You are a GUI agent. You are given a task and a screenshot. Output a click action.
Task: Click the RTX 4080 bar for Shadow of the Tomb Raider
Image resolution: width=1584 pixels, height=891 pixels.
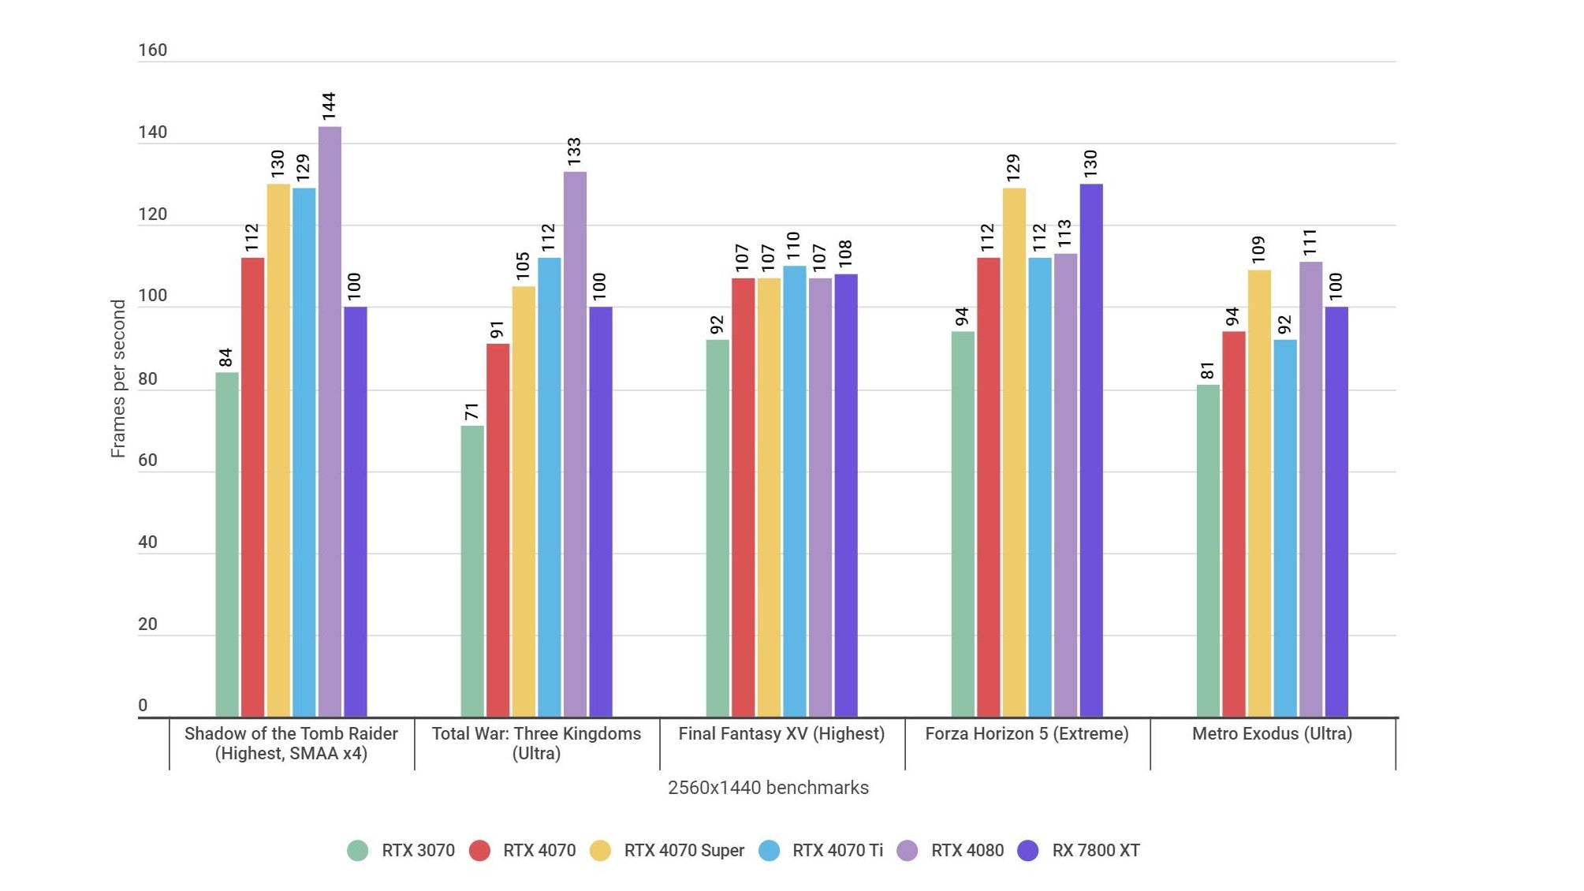(x=330, y=422)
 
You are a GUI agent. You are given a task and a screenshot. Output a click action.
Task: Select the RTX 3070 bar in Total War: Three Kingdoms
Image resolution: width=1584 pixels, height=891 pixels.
(x=472, y=572)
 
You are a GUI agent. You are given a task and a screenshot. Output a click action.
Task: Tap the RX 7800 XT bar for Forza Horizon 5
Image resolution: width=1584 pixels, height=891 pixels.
(x=1091, y=450)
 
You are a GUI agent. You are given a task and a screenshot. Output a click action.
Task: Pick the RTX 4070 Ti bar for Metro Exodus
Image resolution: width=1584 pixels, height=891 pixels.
(x=1284, y=528)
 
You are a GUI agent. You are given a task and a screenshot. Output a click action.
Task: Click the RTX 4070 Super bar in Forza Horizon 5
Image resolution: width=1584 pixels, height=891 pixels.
(x=1014, y=453)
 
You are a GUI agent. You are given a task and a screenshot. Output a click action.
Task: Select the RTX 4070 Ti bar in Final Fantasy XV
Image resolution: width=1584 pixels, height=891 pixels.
(x=794, y=491)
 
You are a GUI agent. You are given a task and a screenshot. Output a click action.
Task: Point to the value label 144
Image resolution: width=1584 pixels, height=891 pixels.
(x=329, y=106)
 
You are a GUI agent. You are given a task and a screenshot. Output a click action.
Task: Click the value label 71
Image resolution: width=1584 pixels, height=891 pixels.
(x=471, y=412)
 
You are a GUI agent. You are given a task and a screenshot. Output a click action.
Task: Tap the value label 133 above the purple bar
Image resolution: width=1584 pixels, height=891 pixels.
(x=574, y=151)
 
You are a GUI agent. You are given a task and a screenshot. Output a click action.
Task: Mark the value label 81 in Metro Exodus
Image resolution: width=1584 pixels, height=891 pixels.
(x=1207, y=371)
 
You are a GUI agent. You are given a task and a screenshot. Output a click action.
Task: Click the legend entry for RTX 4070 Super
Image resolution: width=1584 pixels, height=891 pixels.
(x=684, y=851)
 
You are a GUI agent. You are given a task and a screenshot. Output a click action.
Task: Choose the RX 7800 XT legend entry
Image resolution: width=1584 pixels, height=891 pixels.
(x=1095, y=851)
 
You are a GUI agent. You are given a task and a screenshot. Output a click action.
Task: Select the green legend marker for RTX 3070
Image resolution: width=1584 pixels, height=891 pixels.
(x=358, y=851)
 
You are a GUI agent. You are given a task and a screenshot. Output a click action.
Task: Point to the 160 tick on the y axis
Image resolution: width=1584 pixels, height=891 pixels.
(x=152, y=50)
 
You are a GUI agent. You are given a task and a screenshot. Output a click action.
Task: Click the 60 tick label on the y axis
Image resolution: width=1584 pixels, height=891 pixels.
(x=147, y=460)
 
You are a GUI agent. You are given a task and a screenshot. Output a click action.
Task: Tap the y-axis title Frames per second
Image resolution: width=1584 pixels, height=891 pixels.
(x=118, y=378)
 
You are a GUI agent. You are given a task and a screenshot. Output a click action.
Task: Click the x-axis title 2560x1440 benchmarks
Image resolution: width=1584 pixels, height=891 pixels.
(x=768, y=788)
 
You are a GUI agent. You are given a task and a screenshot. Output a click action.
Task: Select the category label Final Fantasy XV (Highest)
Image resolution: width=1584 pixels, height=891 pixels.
(x=781, y=734)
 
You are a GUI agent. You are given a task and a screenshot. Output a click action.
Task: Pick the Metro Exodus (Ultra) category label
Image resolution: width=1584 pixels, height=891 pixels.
(x=1272, y=734)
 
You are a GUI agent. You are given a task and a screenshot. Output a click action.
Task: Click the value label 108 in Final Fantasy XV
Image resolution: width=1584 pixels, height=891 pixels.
(x=845, y=253)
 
